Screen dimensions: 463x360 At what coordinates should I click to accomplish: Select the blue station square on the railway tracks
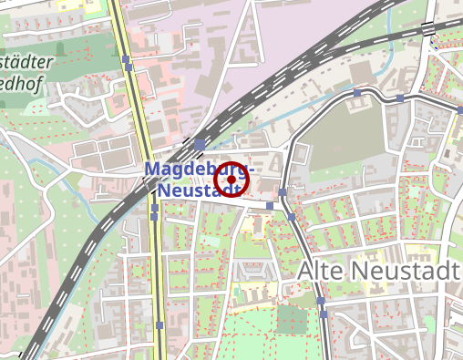pyautogui.click(x=199, y=144)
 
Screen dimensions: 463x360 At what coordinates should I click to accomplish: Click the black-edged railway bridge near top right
pyautogui.click(x=428, y=29)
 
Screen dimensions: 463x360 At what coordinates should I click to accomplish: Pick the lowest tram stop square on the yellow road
pyautogui.click(x=160, y=324)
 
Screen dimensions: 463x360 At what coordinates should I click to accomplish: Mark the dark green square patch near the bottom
pyautogui.click(x=293, y=320)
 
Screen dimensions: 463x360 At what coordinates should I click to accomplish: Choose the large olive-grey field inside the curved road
pyautogui.click(x=342, y=137)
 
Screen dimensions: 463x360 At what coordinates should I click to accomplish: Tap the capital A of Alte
pyautogui.click(x=306, y=271)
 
